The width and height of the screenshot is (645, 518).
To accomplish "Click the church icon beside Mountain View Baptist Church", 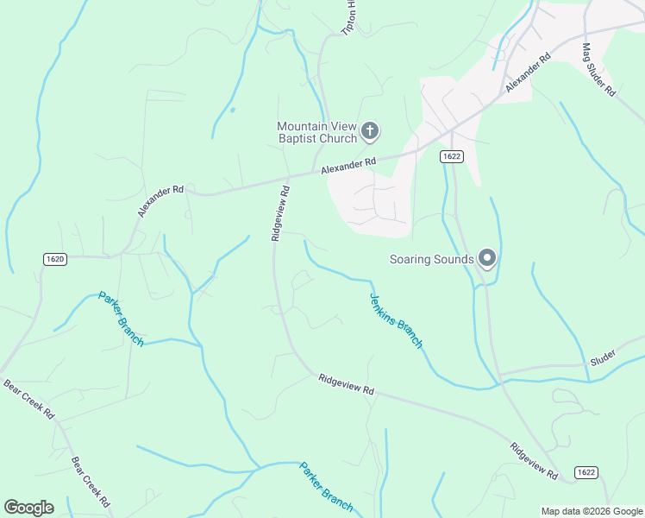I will (370, 131).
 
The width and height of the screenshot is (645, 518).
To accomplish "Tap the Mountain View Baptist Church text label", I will (316, 132).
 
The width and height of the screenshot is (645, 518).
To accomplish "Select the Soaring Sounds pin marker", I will (487, 259).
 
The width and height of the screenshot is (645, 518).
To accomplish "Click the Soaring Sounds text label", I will (431, 259).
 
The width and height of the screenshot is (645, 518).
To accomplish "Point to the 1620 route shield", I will (55, 258).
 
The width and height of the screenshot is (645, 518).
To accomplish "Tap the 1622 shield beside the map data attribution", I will (586, 472).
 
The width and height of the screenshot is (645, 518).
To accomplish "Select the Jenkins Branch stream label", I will (396, 320).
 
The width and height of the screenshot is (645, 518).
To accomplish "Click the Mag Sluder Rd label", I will (598, 69).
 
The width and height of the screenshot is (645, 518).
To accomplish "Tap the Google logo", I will (28, 508).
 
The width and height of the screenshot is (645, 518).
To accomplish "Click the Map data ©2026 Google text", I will (591, 511).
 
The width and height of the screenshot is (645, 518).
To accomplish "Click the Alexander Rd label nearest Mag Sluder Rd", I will (528, 74).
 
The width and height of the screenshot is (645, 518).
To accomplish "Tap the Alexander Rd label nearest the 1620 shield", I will (160, 200).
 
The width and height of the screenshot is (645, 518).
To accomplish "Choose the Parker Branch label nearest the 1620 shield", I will (121, 317).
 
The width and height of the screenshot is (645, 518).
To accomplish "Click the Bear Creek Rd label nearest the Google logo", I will (91, 482).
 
